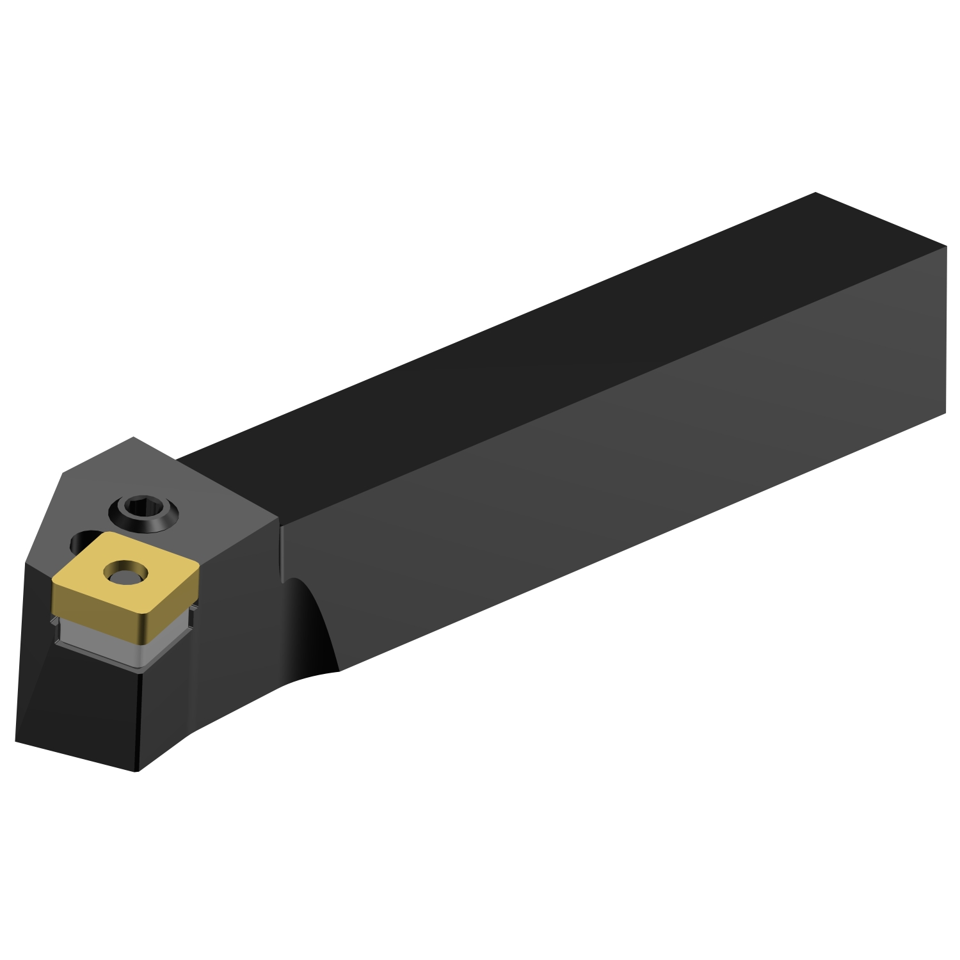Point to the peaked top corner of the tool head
133,438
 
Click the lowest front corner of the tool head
136,771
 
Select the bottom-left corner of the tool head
16,742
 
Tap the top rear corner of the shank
815,193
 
